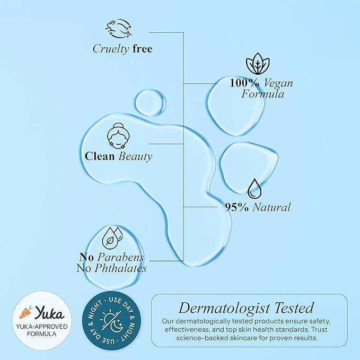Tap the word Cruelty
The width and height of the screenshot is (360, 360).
coord(111,49)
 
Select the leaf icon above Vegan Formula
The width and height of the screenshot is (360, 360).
coord(258,64)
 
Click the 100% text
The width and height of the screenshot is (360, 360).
coord(244,83)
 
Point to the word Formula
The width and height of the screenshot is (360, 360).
coord(262,94)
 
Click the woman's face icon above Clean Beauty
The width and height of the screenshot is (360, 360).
coord(118,136)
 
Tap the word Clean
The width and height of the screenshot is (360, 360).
coord(100,156)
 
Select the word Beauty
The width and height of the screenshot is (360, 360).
coord(135,157)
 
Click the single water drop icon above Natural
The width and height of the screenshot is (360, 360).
coord(254,189)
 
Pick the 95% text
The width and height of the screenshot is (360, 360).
coord(236,207)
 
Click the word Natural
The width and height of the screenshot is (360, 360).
coord(271,207)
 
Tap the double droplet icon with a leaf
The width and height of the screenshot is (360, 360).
coord(112,238)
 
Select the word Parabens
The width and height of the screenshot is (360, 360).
coord(121,257)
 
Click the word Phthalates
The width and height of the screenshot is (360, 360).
coord(120,268)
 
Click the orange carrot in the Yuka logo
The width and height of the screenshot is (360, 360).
coord(25,313)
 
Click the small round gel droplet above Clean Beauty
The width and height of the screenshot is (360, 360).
coord(151,103)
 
